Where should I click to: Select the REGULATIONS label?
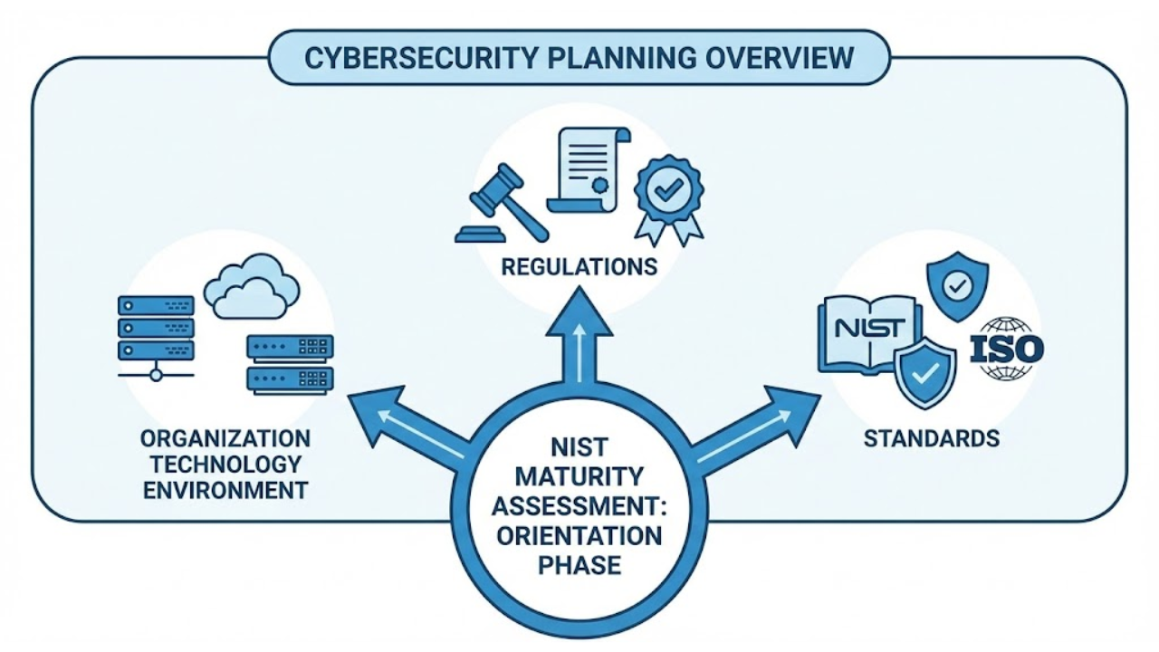click(579, 267)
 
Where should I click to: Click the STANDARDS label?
click(931, 439)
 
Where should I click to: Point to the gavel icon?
click(502, 206)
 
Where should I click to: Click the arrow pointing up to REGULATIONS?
click(579, 340)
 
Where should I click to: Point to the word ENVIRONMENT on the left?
click(225, 491)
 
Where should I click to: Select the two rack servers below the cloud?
click(290, 362)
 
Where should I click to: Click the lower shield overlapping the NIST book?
click(924, 372)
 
